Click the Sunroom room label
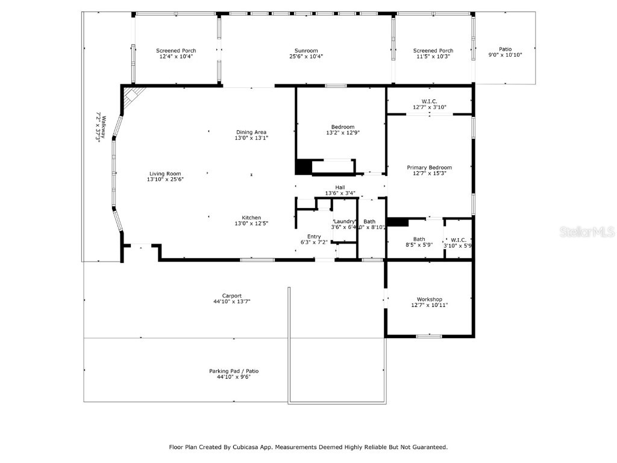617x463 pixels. coord(306,51)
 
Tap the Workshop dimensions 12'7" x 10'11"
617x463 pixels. coord(429,305)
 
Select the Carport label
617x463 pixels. coord(231,295)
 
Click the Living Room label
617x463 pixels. coord(165,174)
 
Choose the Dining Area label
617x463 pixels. coord(251,132)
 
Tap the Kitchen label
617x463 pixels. coord(251,218)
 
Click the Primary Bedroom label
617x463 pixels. coord(429,168)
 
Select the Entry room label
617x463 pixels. coord(314,236)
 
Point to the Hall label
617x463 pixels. coord(340,187)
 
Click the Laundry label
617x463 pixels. coord(344,221)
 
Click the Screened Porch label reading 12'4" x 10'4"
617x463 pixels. coord(176,51)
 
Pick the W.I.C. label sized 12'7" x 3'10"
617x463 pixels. coord(429,101)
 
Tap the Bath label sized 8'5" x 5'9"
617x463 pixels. coord(419,239)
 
